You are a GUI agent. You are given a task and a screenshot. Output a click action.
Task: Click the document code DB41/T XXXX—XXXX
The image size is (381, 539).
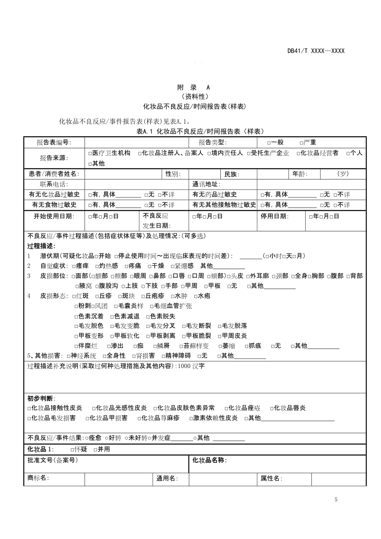[x=316, y=51]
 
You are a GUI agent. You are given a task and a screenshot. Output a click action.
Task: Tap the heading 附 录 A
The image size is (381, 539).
[x=193, y=87]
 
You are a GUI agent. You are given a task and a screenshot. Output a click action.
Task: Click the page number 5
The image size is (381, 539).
[x=336, y=500]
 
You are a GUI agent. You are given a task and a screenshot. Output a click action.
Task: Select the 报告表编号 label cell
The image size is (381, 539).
[x=54, y=142]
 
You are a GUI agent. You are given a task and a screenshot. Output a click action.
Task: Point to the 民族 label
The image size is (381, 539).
[x=232, y=174]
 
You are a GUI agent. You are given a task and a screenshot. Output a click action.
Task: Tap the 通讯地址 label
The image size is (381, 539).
[x=206, y=185]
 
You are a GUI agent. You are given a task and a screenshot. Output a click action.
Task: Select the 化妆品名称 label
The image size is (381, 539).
[x=210, y=460]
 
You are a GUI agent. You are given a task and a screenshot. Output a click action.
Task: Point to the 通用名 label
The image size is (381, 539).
[x=167, y=479]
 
